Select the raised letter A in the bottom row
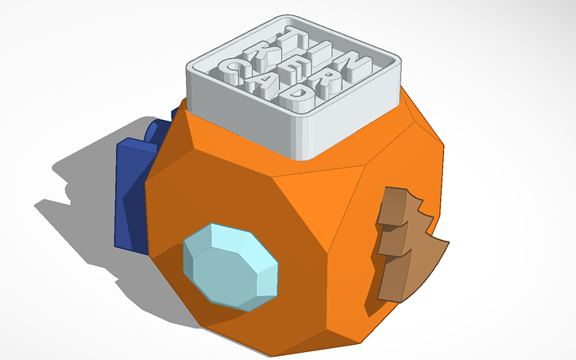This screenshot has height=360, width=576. click(260, 83)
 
